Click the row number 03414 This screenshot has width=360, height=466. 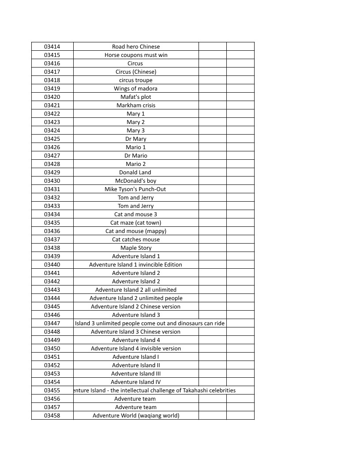point(52,47)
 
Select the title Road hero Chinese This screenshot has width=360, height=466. point(136,47)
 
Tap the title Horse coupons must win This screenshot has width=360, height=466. point(136,55)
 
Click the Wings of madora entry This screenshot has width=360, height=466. point(136,89)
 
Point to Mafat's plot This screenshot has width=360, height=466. point(136,97)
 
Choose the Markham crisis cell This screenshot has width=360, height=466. point(136,105)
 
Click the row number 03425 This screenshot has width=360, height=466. point(52,139)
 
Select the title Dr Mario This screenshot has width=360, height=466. point(136,156)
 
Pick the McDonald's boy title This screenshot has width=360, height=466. point(136,181)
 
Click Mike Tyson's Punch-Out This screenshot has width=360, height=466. point(135,189)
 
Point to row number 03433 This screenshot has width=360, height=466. point(52,206)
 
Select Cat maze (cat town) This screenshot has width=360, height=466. point(136,223)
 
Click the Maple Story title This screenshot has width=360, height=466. point(136,248)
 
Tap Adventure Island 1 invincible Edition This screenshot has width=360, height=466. point(136,265)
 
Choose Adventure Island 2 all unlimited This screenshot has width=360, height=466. point(136,290)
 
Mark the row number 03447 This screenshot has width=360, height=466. point(52,323)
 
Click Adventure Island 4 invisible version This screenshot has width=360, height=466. point(136,349)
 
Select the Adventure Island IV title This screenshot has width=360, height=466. point(136,382)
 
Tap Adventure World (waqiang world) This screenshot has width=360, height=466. point(136,416)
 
